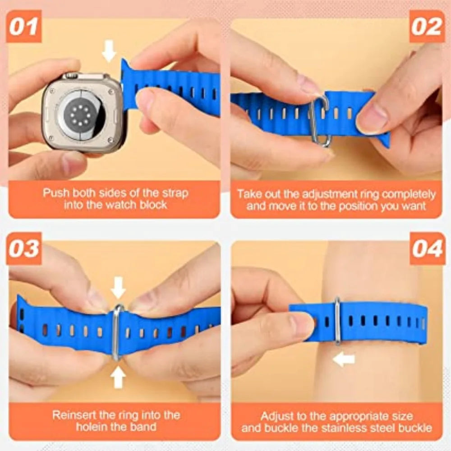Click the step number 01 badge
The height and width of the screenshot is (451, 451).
tap(23, 27)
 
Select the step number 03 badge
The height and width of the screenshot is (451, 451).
tap(23, 249)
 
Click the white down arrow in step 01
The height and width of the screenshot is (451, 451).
tap(109, 51)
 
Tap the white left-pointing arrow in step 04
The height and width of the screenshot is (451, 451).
tap(344, 359)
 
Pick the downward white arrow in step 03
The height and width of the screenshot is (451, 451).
tap(118, 287)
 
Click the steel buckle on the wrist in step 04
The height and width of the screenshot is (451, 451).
tap(337, 321)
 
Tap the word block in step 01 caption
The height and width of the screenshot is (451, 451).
tap(154, 205)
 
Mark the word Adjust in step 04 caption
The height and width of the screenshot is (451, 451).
tap(276, 415)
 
